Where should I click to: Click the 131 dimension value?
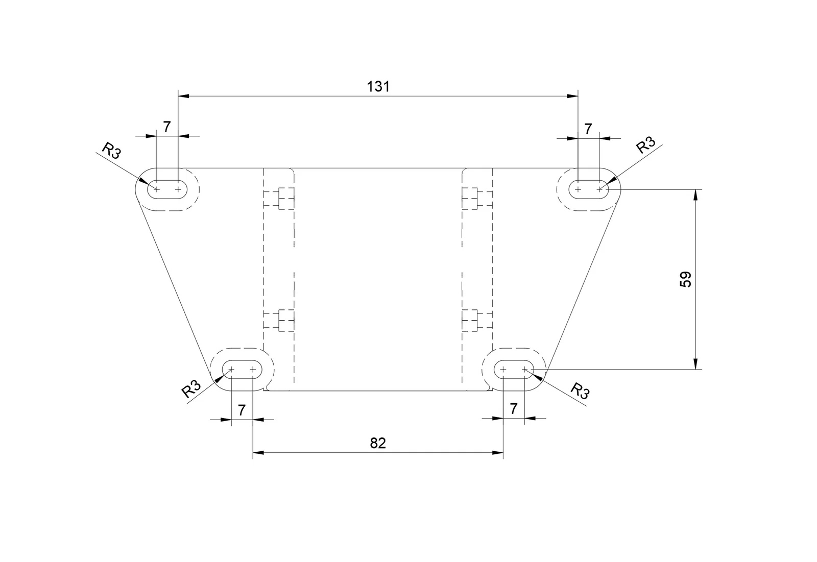pos(378,87)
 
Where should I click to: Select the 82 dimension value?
pos(378,443)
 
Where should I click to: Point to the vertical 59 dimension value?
pos(686,279)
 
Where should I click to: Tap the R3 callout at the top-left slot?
pos(111,151)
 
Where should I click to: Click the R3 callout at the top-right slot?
pos(645,145)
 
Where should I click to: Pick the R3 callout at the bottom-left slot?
pos(191,389)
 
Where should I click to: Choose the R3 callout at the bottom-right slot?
pos(580,391)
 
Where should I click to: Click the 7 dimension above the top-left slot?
pos(166,127)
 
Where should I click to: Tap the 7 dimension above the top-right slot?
pos(588,129)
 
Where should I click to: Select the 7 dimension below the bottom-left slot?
pos(242,410)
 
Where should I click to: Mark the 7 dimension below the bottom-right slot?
pos(514,409)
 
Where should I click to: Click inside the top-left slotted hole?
pos(167,189)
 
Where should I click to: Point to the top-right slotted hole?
pos(589,189)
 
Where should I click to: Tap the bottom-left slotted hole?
pos(242,370)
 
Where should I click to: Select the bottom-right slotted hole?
pos(514,370)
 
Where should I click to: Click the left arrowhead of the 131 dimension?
pos(183,96)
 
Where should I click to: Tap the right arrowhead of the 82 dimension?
pos(498,453)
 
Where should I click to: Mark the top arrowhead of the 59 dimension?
pos(695,195)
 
